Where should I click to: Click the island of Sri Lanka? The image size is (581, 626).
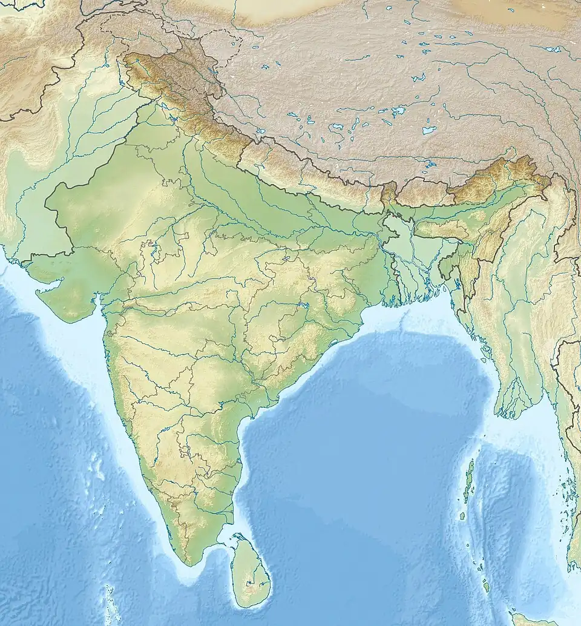point(251,572)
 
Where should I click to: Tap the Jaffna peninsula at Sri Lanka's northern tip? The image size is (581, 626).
point(238,538)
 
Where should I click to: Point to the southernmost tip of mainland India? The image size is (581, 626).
point(192,563)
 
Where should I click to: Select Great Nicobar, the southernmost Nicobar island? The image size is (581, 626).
point(486,586)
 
